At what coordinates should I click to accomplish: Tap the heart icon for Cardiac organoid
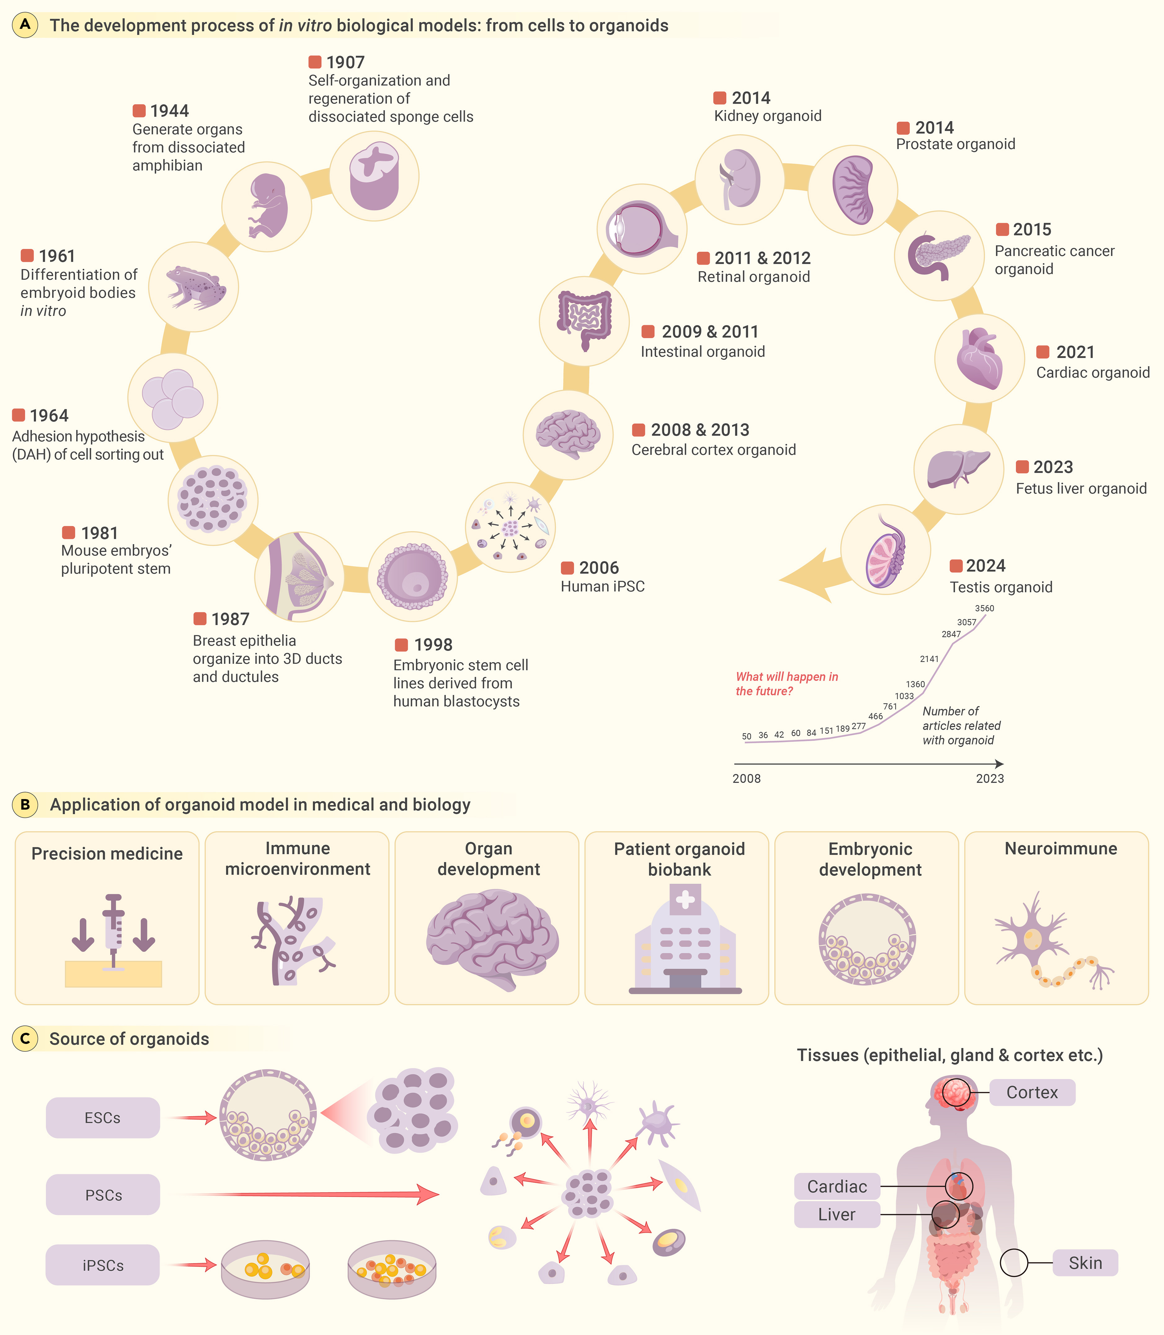tap(979, 358)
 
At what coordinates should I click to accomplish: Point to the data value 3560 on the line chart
tap(984, 608)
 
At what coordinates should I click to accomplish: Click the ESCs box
tap(103, 1117)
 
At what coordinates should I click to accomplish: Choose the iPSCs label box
tap(103, 1265)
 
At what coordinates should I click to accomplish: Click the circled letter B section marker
tap(25, 805)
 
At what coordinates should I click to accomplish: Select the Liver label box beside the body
tap(837, 1214)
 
